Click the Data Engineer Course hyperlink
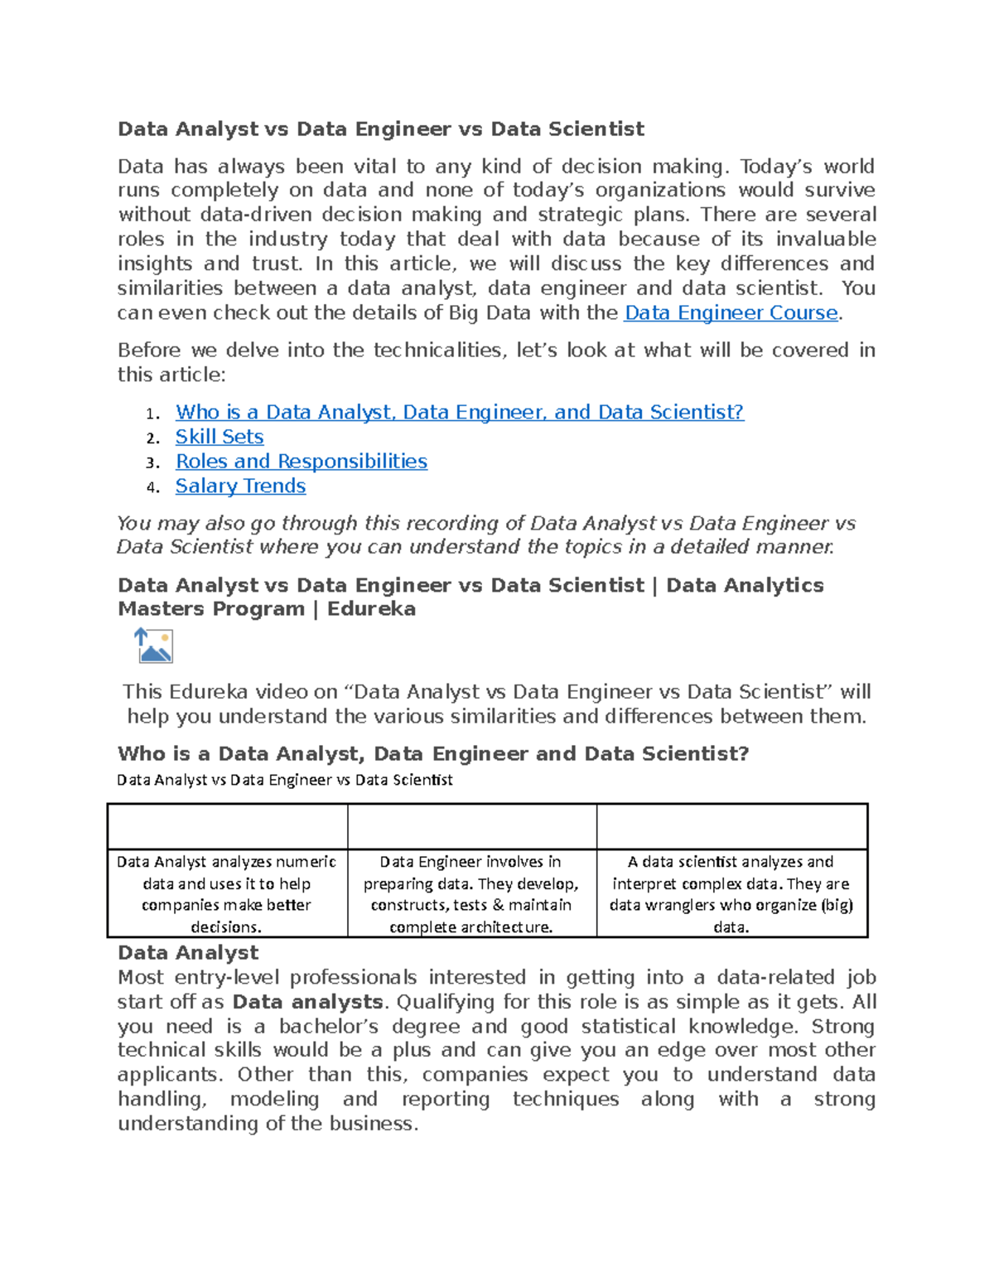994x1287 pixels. pyautogui.click(x=731, y=312)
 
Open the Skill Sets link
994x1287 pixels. pyautogui.click(x=220, y=437)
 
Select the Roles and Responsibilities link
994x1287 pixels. pyautogui.click(x=301, y=462)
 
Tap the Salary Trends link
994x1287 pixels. pyautogui.click(x=240, y=486)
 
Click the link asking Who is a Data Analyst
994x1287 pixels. pyautogui.click(x=459, y=412)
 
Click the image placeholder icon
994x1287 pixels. pyautogui.click(x=153, y=646)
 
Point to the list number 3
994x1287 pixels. pyautogui.click(x=152, y=462)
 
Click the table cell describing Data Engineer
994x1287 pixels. pyautogui.click(x=471, y=893)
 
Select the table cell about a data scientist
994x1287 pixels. pyautogui.click(x=731, y=893)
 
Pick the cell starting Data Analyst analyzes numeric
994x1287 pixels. pyautogui.click(x=226, y=893)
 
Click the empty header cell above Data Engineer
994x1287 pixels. pyautogui.click(x=471, y=826)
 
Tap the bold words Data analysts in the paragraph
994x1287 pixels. pyautogui.click(x=307, y=1002)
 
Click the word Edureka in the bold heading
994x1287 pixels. pyautogui.click(x=371, y=609)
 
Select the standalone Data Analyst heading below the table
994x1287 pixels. pyautogui.click(x=188, y=952)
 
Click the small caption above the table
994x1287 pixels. pyautogui.click(x=285, y=780)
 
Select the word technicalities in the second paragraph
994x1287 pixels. pyautogui.click(x=438, y=351)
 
